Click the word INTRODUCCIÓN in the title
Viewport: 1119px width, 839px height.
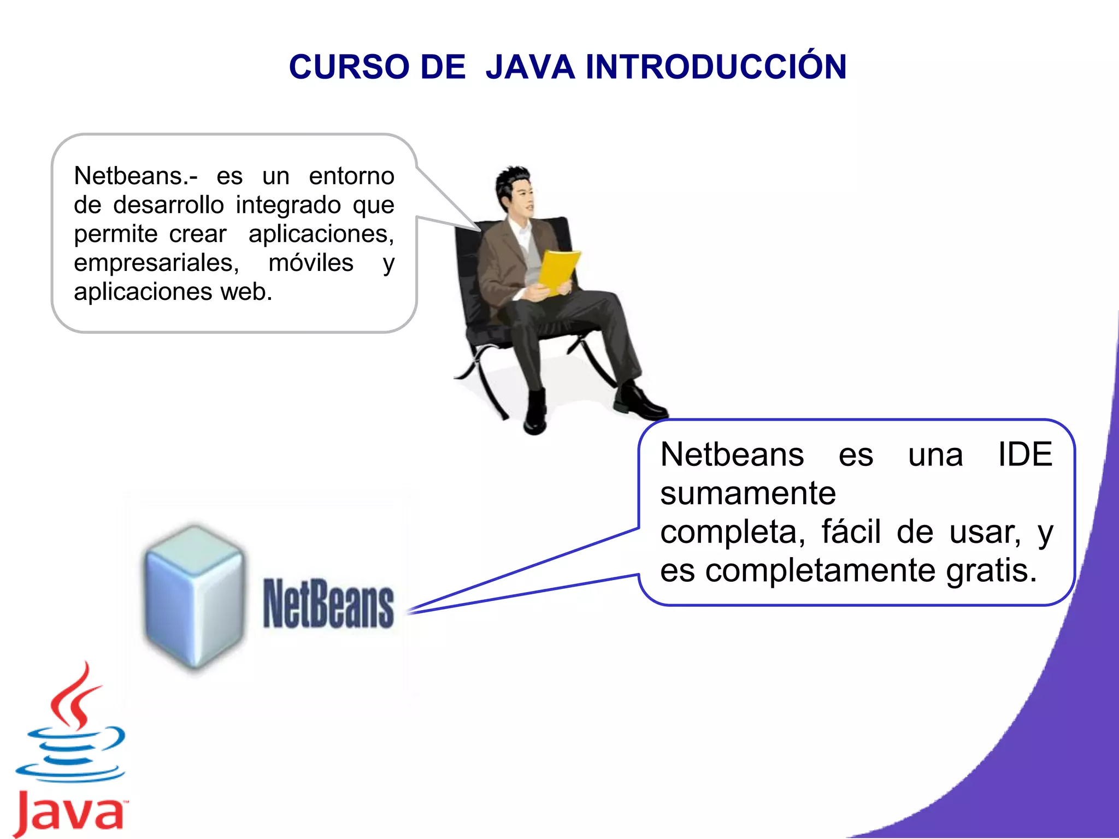(x=716, y=67)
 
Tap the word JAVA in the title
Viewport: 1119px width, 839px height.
(x=530, y=67)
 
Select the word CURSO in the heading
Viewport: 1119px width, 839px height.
(x=350, y=67)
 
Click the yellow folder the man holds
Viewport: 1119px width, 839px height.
(x=558, y=271)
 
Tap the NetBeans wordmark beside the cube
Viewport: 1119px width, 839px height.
(x=328, y=604)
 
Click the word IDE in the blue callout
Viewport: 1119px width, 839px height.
(x=1025, y=454)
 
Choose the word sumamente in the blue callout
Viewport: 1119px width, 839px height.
(x=748, y=493)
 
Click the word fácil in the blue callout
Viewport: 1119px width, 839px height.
(x=851, y=532)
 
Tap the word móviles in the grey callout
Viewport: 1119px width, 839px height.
(x=311, y=263)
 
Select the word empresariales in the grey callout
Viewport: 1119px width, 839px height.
(x=156, y=263)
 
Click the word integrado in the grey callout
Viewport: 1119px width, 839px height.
(x=288, y=205)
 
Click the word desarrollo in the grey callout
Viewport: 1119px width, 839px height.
(x=168, y=205)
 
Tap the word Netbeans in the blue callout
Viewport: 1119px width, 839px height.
(x=732, y=454)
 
